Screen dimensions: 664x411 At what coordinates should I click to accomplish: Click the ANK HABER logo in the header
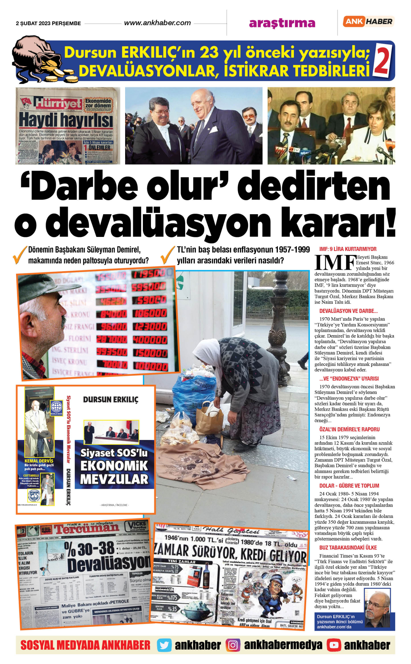(368, 22)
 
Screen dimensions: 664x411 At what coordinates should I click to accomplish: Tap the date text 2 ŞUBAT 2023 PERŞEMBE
(48, 23)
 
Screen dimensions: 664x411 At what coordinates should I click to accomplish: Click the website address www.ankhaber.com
(157, 23)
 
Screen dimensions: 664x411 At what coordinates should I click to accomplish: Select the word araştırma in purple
(282, 23)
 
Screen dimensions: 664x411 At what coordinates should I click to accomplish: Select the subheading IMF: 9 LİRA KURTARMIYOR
(348, 249)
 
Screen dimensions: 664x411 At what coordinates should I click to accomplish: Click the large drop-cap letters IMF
(335, 262)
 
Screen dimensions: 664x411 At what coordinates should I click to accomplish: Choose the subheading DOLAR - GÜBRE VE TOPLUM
(349, 486)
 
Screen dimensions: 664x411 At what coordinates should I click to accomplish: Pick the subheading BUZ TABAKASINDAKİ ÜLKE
(348, 548)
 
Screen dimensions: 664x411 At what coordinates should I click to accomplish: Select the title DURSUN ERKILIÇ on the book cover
(110, 399)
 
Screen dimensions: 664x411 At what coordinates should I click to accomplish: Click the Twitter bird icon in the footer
(164, 645)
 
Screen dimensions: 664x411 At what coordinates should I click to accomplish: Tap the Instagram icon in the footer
(233, 645)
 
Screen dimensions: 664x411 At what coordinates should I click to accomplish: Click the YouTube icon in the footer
(334, 645)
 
